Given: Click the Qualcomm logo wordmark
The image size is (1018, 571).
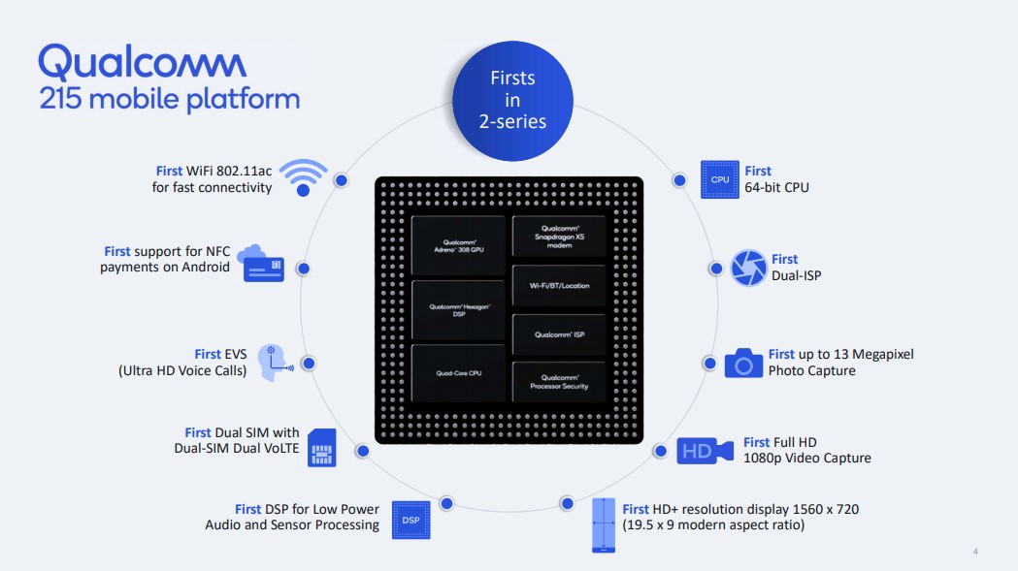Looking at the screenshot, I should [143, 63].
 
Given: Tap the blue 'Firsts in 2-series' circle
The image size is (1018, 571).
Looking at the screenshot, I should [512, 100].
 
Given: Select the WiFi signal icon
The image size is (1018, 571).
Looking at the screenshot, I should [303, 176].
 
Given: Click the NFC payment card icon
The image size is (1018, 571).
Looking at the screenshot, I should [262, 264].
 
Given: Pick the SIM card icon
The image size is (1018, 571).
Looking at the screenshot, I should [321, 447].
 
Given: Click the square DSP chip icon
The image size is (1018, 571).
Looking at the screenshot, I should [410, 521].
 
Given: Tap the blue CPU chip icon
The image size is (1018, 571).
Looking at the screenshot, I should [719, 179].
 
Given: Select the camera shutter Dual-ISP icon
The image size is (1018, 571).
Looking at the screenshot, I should [748, 268].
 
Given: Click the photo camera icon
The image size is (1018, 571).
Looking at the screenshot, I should [743, 363].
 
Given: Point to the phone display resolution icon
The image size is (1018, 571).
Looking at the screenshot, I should [603, 525].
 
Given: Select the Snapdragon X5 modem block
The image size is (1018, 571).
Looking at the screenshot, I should [559, 236].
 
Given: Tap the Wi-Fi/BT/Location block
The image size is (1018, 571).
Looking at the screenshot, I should [559, 286].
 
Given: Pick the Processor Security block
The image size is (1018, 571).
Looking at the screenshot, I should [559, 382].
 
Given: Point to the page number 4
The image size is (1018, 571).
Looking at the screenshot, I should [975, 552].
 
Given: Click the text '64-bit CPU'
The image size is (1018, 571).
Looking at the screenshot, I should [776, 186].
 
